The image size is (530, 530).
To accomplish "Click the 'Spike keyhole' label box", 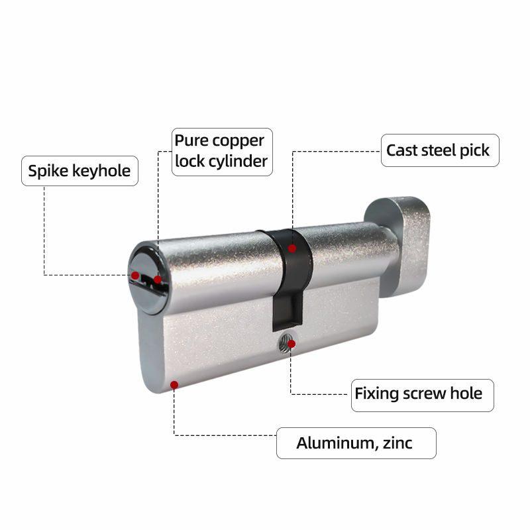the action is [79, 171].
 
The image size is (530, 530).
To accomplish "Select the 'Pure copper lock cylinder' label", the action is [222, 152].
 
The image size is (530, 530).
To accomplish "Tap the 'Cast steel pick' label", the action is [440, 150].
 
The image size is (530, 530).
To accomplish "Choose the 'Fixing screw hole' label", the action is [423, 395].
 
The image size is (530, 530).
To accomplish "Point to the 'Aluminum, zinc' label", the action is [356, 443].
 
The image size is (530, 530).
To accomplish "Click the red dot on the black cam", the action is [292, 248].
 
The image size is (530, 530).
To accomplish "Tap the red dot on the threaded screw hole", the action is [291, 344].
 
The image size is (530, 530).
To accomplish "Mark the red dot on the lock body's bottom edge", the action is [174, 385].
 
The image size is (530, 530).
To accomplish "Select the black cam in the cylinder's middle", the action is [291, 277].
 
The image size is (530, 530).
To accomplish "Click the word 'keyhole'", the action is [101, 171].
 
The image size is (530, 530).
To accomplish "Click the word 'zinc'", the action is [397, 443].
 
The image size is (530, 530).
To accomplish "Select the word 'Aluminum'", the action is [335, 443].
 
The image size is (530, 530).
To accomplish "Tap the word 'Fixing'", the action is [376, 394].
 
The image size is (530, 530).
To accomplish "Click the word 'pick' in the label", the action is [474, 151].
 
